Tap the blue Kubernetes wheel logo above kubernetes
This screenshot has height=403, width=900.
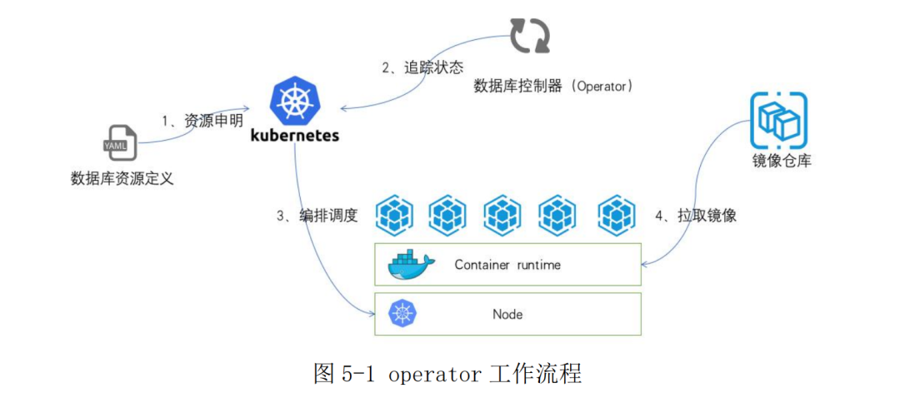click(295, 98)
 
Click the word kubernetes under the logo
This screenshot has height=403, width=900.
click(295, 135)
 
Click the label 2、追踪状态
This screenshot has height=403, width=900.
click(422, 67)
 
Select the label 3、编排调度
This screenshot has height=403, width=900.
click(317, 216)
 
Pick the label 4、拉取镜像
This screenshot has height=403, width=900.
click(696, 216)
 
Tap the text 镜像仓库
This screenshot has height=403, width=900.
click(781, 161)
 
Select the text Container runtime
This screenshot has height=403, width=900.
click(507, 265)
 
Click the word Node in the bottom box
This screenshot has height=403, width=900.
click(507, 314)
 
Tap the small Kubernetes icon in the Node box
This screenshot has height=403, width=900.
click(402, 314)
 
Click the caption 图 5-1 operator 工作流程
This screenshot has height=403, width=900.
click(447, 373)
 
